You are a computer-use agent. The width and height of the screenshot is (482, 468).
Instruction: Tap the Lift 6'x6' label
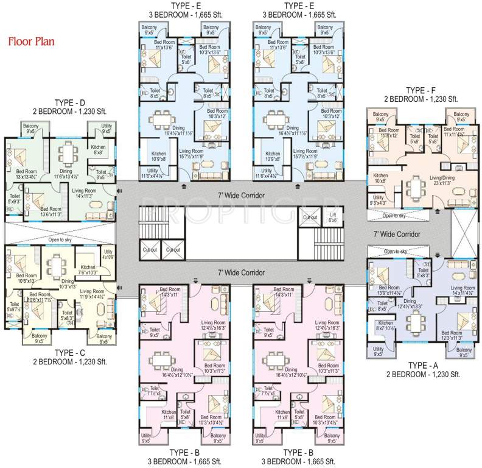point(332,218)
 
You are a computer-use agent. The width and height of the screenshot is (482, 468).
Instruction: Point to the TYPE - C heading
point(72,353)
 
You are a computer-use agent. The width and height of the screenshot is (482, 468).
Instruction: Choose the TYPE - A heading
point(423,364)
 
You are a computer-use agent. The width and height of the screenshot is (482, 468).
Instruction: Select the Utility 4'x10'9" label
point(108,254)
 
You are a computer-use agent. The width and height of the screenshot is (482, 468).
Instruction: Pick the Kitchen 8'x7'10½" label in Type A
point(386,327)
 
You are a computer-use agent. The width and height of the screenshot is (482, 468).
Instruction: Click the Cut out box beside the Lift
point(310,218)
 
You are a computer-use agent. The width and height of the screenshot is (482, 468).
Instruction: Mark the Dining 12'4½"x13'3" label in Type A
point(414,304)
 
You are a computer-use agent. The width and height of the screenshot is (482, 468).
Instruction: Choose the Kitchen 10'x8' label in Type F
point(381,178)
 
